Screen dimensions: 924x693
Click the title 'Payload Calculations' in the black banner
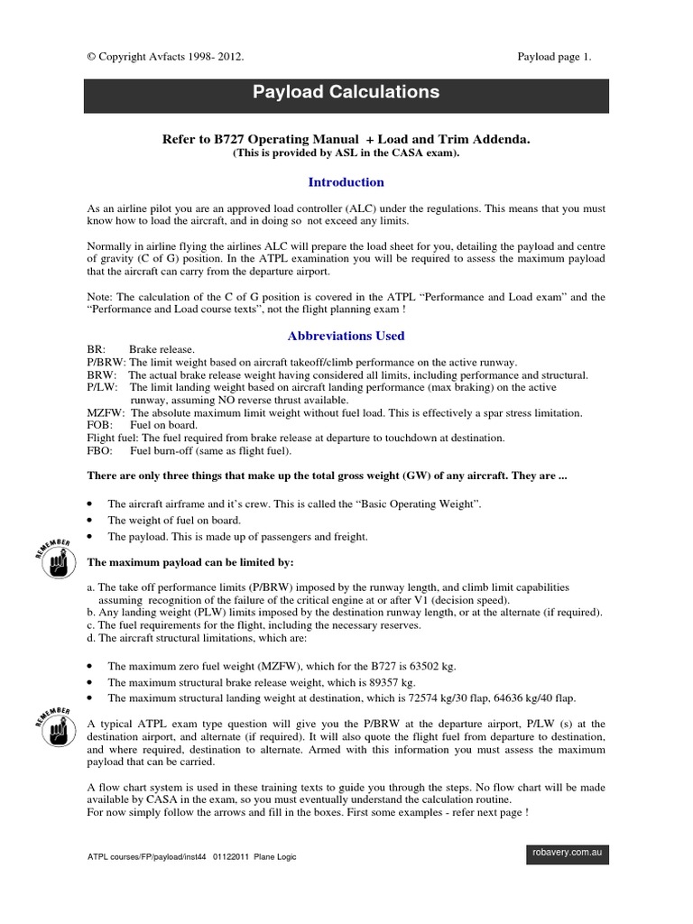(346, 93)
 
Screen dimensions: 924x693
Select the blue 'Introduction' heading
(346, 181)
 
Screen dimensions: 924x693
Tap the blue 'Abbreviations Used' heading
(346, 336)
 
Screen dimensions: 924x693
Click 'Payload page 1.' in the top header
(554, 57)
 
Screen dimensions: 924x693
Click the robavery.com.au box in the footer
(566, 851)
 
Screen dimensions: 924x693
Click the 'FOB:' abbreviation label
(100, 424)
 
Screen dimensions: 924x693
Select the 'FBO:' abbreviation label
(100, 449)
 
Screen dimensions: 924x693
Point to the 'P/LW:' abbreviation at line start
(103, 386)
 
